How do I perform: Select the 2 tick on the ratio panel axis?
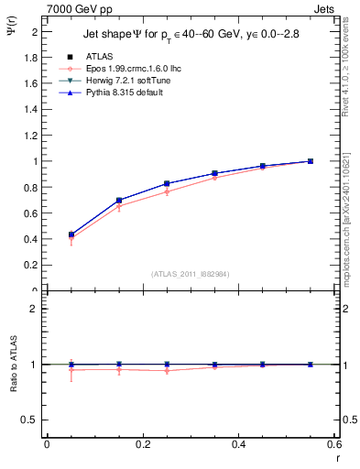[x=35, y=309]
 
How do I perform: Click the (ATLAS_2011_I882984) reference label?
[x=190, y=274]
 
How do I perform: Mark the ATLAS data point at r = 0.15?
[x=119, y=200]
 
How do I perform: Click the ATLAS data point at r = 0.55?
[x=311, y=161]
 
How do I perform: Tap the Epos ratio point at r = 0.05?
[x=71, y=370]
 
